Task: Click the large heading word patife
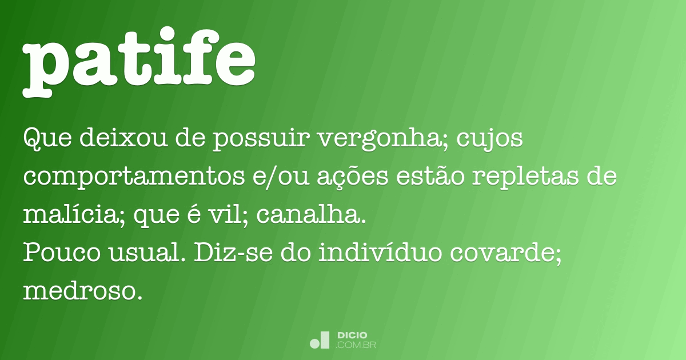(x=139, y=62)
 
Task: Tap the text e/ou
(x=281, y=177)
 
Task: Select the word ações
(x=353, y=178)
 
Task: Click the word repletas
(x=525, y=178)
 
